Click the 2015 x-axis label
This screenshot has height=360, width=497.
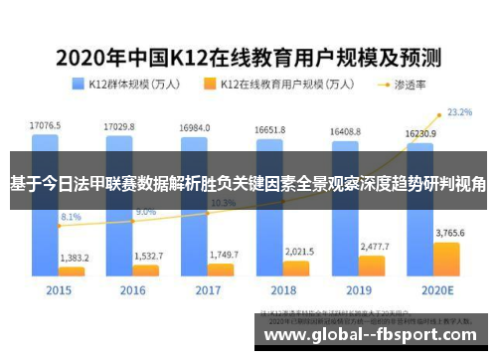(x=59, y=291)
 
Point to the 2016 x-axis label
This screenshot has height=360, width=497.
(x=133, y=291)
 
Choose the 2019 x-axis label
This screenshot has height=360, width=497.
(x=358, y=291)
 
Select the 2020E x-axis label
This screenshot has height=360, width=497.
(x=433, y=291)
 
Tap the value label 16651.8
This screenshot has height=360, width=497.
(x=269, y=129)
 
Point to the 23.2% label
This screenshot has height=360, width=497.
(x=459, y=112)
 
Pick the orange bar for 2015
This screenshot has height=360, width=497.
(x=73, y=270)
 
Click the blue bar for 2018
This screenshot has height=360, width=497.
(x=269, y=239)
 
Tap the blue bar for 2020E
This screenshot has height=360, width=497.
(x=418, y=239)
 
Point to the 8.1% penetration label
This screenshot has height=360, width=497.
(x=71, y=216)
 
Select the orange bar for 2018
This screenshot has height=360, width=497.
(x=296, y=268)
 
